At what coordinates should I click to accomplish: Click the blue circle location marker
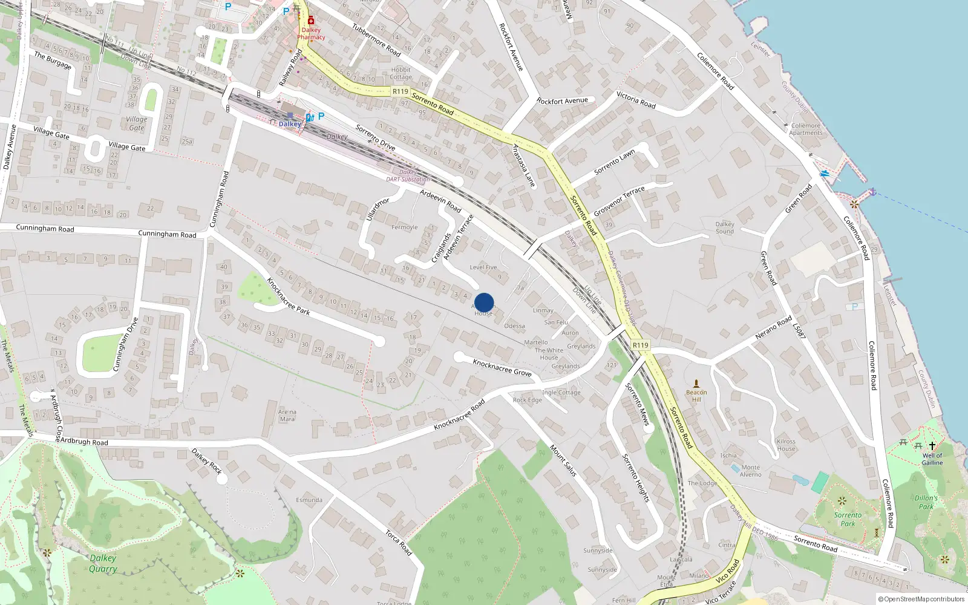(484, 302)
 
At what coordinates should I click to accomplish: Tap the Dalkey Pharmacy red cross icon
(311, 21)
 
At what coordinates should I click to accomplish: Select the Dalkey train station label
(290, 124)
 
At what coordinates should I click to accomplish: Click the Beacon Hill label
(696, 396)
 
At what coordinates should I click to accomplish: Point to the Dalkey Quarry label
(103, 563)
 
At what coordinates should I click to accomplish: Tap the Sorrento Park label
(848, 519)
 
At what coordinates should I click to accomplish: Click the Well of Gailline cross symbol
(932, 446)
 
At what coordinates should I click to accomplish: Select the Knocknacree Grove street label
(502, 367)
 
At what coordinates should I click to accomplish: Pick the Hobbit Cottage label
(401, 73)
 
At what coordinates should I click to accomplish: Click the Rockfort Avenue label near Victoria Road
(562, 101)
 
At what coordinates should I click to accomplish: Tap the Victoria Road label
(636, 100)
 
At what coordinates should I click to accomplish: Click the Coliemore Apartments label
(806, 129)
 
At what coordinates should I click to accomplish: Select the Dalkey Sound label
(725, 227)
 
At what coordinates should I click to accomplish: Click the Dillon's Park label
(926, 502)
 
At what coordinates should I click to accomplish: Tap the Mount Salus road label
(563, 460)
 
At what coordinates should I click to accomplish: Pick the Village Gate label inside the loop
(137, 123)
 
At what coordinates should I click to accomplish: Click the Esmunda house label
(309, 500)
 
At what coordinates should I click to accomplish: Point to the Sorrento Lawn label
(615, 162)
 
